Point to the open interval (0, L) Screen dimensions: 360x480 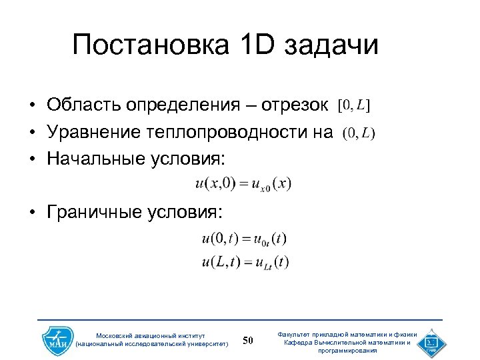tap(359, 133)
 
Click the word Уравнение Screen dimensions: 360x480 tap(90, 133)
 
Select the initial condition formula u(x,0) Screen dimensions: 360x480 tap(243, 183)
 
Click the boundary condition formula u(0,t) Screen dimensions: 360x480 tap(243, 239)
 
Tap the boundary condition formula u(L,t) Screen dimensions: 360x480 tap(245, 262)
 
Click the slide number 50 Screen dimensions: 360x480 tap(248, 341)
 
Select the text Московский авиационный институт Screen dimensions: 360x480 tap(151, 335)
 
